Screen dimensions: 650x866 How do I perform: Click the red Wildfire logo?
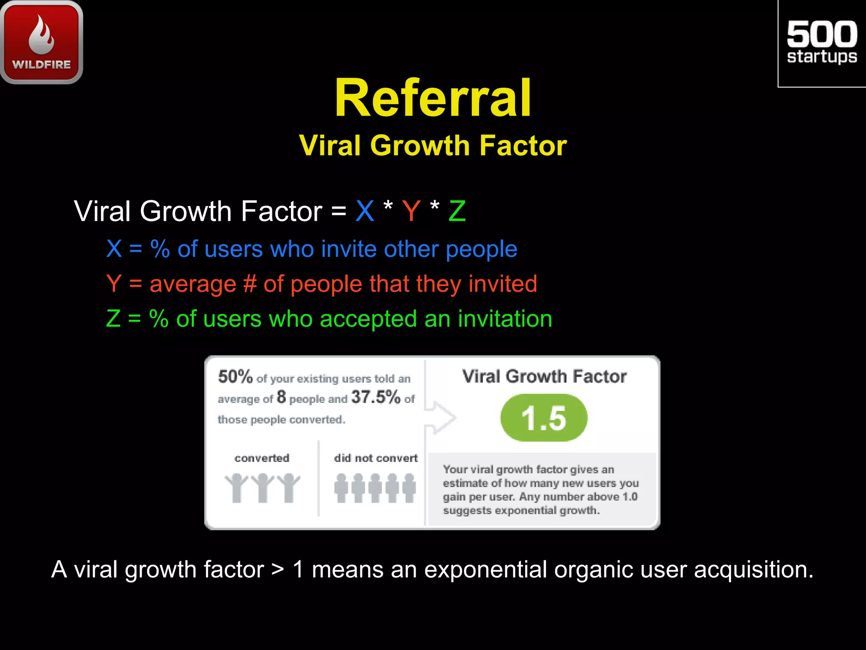point(41,42)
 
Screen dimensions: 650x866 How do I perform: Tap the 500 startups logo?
point(822,43)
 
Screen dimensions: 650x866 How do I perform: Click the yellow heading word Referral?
point(433,98)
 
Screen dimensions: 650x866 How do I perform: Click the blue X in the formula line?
point(364,211)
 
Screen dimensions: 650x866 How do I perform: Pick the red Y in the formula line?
point(411,211)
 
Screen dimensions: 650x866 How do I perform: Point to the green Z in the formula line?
point(457,211)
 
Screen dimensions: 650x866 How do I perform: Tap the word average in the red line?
point(193,284)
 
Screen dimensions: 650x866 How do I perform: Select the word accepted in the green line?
point(368,319)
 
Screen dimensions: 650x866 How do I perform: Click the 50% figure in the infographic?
point(235,377)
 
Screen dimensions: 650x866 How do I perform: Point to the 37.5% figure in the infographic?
point(375,397)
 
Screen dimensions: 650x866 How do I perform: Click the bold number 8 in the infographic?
point(281,397)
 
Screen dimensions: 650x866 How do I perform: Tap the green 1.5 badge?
point(544,418)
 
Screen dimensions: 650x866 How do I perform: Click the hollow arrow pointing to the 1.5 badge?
point(441,417)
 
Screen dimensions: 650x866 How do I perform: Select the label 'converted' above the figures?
point(262,458)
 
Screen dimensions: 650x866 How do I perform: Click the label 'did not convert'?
point(375,458)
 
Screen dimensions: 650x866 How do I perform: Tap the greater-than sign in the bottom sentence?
point(278,570)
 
